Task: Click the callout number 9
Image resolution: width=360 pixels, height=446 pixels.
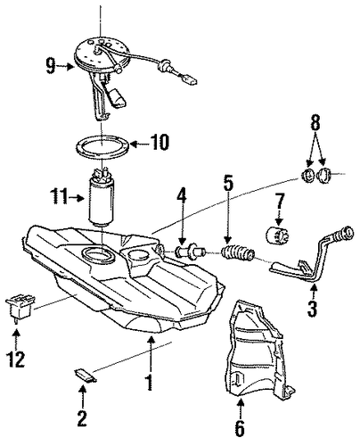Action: click(51, 66)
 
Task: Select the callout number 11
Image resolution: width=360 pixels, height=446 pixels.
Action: click(60, 197)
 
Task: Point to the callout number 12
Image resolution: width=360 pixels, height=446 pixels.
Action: click(16, 359)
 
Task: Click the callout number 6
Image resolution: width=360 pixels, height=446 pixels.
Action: click(240, 428)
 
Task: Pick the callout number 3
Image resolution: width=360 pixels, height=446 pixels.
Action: click(312, 310)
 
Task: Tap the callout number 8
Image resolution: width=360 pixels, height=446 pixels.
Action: click(315, 123)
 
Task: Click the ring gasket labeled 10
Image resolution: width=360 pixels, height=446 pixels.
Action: click(103, 147)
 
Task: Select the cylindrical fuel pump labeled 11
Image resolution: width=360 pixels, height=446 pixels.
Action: click(102, 198)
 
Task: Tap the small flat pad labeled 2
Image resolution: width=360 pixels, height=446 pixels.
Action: click(86, 374)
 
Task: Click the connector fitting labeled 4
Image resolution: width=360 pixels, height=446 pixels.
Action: click(191, 250)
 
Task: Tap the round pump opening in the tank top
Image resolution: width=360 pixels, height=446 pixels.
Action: click(99, 255)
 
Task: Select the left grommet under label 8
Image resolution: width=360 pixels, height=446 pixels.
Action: click(307, 176)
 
